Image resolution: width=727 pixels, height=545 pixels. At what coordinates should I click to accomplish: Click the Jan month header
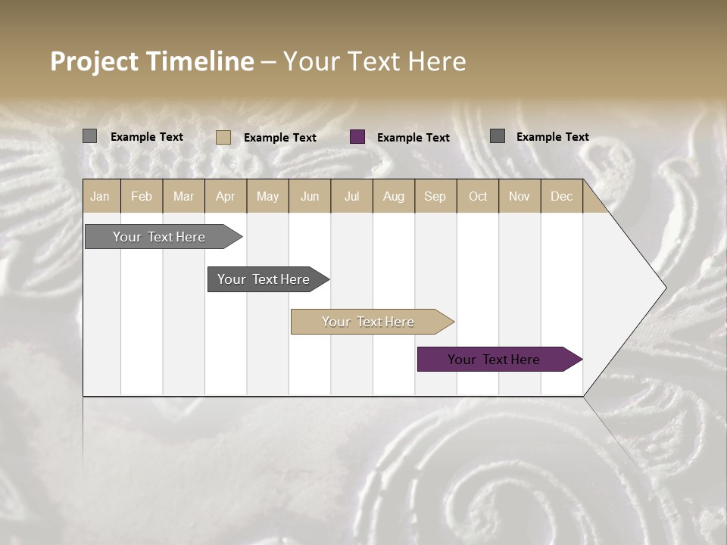click(x=100, y=196)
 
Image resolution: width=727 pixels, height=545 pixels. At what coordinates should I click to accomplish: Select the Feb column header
click(x=142, y=196)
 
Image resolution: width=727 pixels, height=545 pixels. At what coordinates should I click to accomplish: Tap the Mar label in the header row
click(x=183, y=196)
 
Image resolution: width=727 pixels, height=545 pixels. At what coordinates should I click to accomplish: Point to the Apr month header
click(x=225, y=196)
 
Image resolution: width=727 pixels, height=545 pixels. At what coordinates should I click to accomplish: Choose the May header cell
click(x=267, y=196)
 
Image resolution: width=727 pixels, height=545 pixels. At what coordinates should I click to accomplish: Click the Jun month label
click(x=310, y=196)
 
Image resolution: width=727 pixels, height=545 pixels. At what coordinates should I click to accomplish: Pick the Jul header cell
click(x=351, y=196)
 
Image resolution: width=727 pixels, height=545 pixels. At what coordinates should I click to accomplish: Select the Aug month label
click(x=393, y=196)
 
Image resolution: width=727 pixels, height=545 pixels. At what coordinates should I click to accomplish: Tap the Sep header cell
click(x=435, y=196)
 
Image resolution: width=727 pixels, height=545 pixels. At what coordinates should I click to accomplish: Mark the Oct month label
click(x=478, y=196)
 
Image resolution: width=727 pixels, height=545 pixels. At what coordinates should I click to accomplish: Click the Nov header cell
click(x=520, y=196)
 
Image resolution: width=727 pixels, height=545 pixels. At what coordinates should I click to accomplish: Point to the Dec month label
click(x=561, y=196)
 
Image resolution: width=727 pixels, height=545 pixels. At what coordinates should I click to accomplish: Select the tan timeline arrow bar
click(x=369, y=322)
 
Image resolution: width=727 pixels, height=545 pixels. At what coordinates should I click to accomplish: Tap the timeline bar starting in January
click(x=160, y=237)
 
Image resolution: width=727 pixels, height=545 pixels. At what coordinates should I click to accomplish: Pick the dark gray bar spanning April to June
click(x=264, y=279)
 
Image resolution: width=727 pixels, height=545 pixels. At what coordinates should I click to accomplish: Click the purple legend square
click(x=357, y=137)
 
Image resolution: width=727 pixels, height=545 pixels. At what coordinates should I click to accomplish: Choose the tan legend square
click(x=223, y=137)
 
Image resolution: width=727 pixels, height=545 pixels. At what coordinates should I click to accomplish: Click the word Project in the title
click(x=95, y=61)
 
